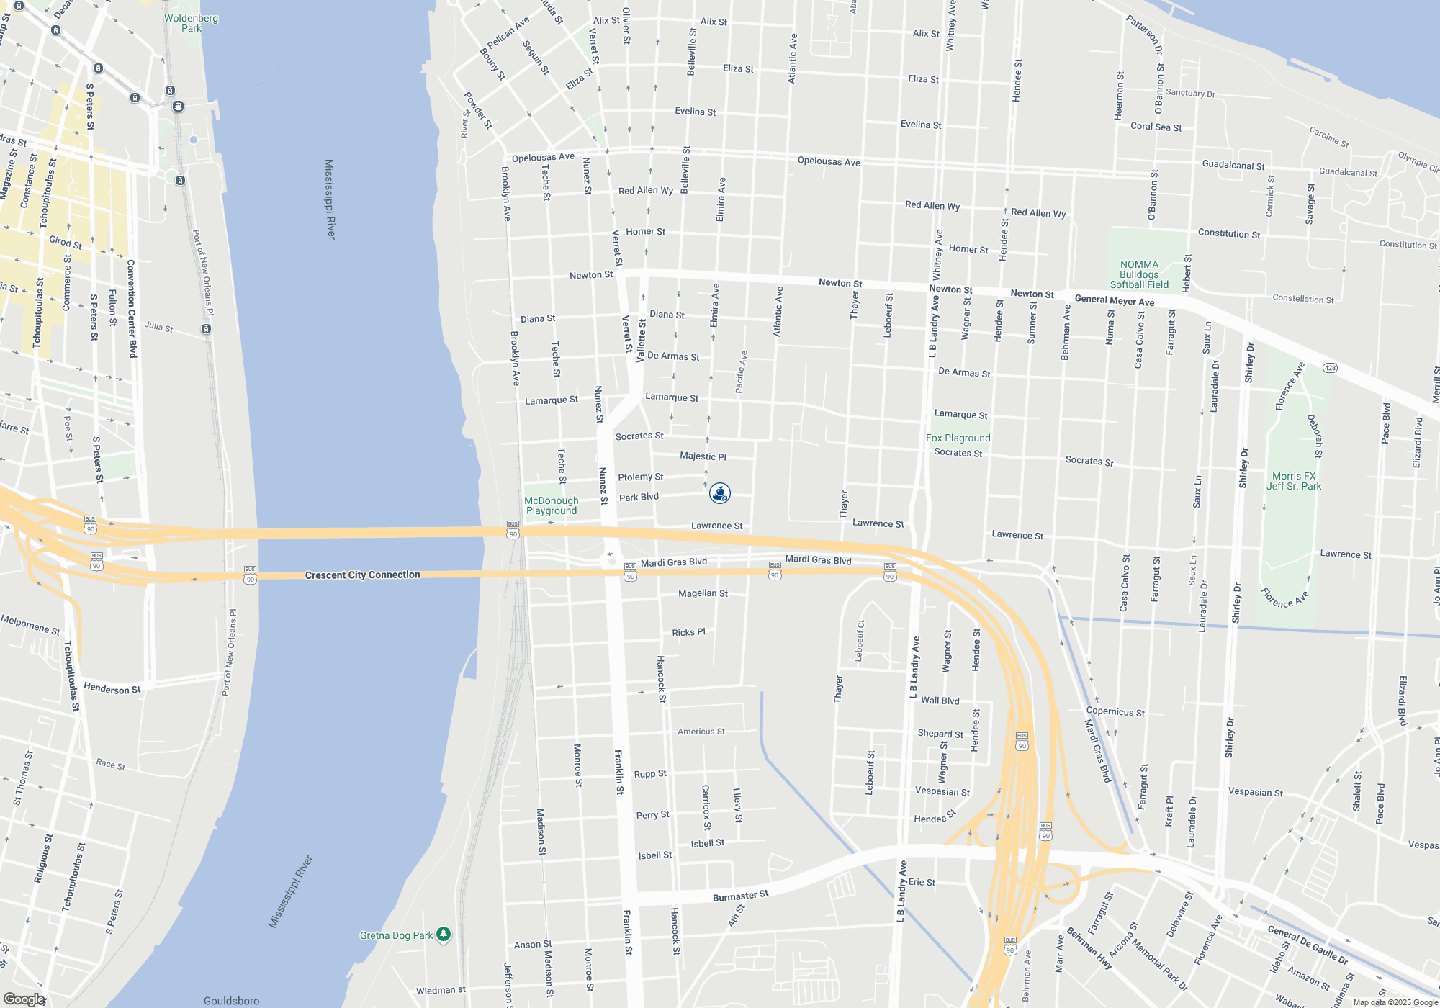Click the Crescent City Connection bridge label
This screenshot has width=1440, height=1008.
tap(362, 575)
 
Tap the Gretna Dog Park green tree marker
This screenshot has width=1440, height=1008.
tap(444, 934)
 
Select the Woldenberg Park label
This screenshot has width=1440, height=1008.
tap(191, 23)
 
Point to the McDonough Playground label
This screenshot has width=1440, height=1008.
tap(551, 505)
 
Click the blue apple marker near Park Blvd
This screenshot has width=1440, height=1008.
tap(720, 492)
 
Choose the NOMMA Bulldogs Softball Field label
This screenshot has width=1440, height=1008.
tap(1139, 274)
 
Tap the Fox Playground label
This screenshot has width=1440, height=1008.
tap(958, 438)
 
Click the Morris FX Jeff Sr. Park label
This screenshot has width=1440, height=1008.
tap(1294, 481)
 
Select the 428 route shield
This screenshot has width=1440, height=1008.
tap(1330, 368)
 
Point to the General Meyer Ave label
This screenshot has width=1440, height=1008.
tap(1114, 300)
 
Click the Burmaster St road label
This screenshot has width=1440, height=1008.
tap(740, 896)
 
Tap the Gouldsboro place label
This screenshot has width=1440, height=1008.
tap(231, 1000)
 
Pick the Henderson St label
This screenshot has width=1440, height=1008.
tap(112, 688)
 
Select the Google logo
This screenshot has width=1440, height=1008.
tap(24, 999)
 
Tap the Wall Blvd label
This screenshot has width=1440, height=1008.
tap(940, 700)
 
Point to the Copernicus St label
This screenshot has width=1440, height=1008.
tap(1115, 711)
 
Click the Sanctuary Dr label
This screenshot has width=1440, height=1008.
tap(1190, 93)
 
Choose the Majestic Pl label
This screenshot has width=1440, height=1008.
tap(703, 456)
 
